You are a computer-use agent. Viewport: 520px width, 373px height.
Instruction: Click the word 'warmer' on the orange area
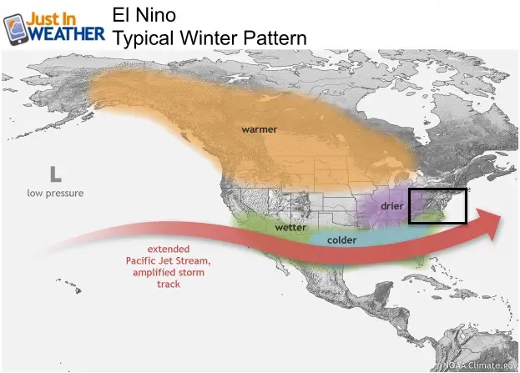[260, 129]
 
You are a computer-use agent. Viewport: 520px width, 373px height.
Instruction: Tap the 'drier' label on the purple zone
[392, 206]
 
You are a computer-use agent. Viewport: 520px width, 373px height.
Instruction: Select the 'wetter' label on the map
[290, 228]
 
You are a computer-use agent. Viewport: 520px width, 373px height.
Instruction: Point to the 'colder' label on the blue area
[342, 240]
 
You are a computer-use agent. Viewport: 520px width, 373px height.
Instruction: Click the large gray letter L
[56, 174]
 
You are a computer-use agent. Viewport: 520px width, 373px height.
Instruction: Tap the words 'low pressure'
[55, 194]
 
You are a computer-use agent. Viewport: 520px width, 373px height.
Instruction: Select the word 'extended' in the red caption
[169, 249]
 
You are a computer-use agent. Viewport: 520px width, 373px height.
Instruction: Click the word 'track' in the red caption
[169, 285]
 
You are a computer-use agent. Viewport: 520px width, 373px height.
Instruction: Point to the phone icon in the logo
[16, 29]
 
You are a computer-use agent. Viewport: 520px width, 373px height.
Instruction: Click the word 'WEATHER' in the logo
[67, 34]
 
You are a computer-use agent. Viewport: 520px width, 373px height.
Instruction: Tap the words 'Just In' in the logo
[51, 19]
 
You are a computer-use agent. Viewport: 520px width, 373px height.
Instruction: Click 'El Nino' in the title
[144, 15]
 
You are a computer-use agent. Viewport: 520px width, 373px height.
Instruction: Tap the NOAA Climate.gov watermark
[480, 365]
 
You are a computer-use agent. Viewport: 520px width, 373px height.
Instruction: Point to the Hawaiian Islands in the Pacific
[70, 285]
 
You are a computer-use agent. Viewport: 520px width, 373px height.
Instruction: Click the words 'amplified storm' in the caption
[169, 273]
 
